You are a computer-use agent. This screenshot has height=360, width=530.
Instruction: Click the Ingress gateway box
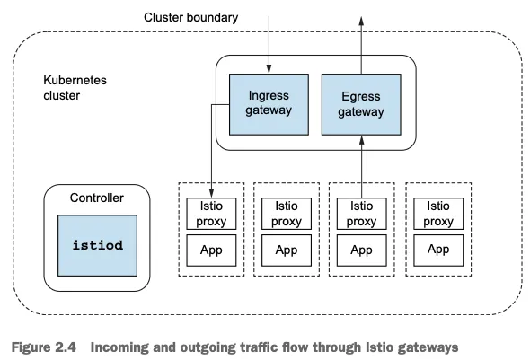pyautogui.click(x=269, y=104)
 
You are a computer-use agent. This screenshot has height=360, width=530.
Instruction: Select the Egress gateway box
pyautogui.click(x=361, y=104)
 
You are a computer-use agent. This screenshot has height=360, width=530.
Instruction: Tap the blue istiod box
pyautogui.click(x=97, y=245)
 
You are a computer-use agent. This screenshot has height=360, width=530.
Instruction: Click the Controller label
pyautogui.click(x=97, y=198)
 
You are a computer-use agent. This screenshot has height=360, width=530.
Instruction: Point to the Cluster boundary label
pyautogui.click(x=190, y=18)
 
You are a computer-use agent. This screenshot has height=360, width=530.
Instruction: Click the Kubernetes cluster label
pyautogui.click(x=75, y=88)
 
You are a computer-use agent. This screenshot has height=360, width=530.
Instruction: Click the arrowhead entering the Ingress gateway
pyautogui.click(x=269, y=69)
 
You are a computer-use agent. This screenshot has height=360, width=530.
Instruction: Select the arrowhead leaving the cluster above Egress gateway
pyautogui.click(x=361, y=21)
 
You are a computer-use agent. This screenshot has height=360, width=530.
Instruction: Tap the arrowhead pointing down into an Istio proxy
pyautogui.click(x=212, y=193)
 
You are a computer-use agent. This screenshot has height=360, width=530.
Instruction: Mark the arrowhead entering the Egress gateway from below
pyautogui.click(x=362, y=140)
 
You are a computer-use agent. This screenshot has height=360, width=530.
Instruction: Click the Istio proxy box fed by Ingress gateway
pyautogui.click(x=211, y=214)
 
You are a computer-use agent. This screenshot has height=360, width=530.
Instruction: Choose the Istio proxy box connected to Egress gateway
pyautogui.click(x=362, y=214)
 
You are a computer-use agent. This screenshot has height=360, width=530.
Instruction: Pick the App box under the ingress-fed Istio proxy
pyautogui.click(x=211, y=250)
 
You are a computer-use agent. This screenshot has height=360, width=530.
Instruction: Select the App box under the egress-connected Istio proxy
pyautogui.click(x=362, y=250)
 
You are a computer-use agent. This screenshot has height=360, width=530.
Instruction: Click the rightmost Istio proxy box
pyautogui.click(x=438, y=214)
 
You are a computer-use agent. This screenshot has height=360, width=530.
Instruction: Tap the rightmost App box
pyautogui.click(x=438, y=250)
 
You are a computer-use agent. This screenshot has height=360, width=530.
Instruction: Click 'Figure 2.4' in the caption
pyautogui.click(x=44, y=347)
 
